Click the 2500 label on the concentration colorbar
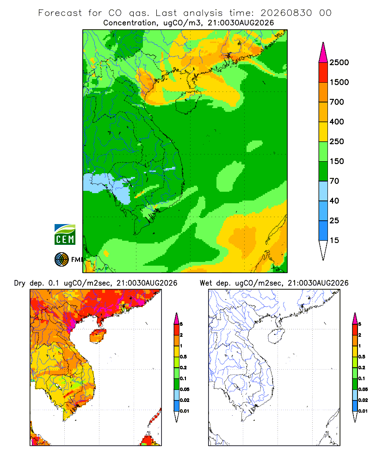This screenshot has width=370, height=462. [x=339, y=62]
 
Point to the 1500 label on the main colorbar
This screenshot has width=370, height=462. [x=339, y=82]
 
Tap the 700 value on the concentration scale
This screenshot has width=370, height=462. [x=337, y=102]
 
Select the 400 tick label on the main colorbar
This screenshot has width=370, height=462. [x=337, y=122]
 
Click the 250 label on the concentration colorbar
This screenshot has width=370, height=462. [x=337, y=141]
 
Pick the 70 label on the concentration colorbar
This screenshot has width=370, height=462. [x=334, y=181]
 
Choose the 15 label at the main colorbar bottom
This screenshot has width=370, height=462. [x=334, y=240]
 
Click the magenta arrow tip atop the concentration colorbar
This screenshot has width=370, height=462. [x=323, y=43]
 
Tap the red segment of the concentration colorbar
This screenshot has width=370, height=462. [x=323, y=73]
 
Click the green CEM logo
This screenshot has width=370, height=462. [x=65, y=235]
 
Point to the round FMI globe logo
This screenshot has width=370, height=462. [x=62, y=260]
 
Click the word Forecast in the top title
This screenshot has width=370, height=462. [x=60, y=13]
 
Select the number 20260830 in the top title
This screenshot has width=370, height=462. [x=286, y=13]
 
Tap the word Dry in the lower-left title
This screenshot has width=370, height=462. [x=20, y=283]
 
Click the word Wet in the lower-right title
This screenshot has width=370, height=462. [x=206, y=283]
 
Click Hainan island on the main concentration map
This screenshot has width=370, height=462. [x=188, y=102]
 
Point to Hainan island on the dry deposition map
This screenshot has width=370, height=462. [x=98, y=336]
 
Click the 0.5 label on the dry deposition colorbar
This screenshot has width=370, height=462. [x=183, y=357]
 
